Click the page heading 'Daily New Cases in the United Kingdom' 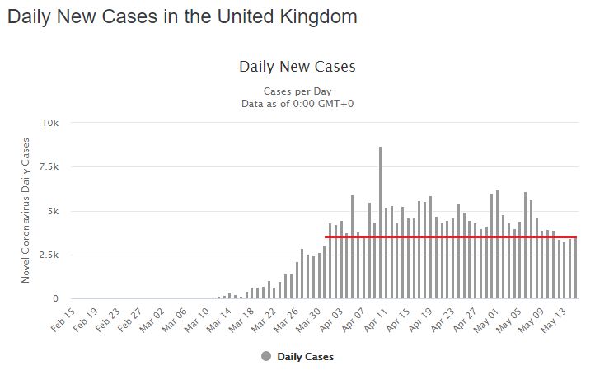[x=182, y=16]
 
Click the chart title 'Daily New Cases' [x=297, y=66]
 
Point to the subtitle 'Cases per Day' [x=297, y=91]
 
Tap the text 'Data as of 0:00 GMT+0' [x=297, y=103]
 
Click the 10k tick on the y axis [x=51, y=123]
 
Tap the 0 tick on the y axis [x=56, y=299]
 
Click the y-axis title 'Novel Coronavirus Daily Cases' [x=26, y=211]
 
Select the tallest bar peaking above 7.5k [x=380, y=223]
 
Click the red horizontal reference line [x=449, y=237]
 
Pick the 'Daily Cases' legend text [x=306, y=357]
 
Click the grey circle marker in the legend [x=266, y=356]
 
